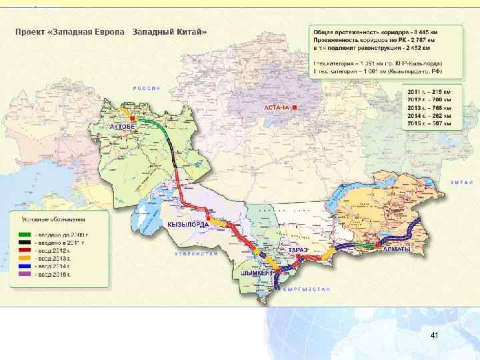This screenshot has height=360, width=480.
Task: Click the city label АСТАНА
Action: click(x=275, y=107)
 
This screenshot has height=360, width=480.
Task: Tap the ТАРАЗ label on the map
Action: click(x=298, y=249)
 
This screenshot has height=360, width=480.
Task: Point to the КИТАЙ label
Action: click(x=461, y=181)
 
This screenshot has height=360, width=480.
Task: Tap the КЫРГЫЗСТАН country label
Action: click(x=306, y=289)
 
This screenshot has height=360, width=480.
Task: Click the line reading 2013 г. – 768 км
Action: click(x=432, y=108)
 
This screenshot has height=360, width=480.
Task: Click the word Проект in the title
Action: click(x=31, y=32)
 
